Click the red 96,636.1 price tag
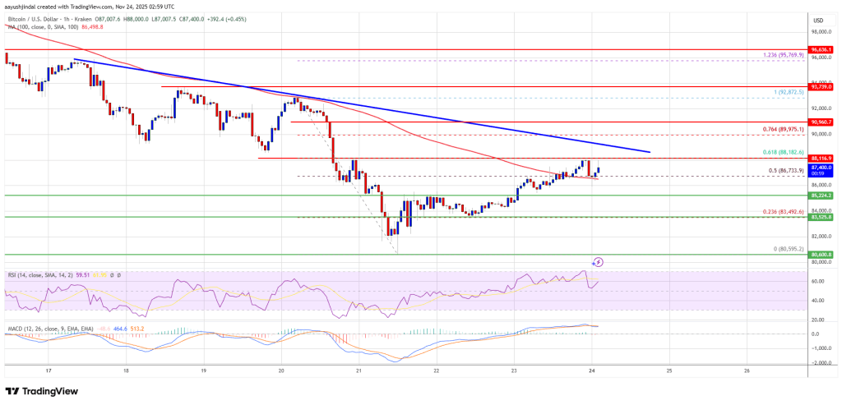click(821, 48)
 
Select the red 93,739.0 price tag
click(821, 86)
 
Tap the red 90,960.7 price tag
click(821, 122)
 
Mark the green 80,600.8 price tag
click(821, 255)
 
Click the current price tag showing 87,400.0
click(821, 168)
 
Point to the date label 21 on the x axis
click(359, 370)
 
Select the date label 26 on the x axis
click(746, 370)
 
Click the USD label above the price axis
click(817, 20)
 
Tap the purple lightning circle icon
click(598, 261)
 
